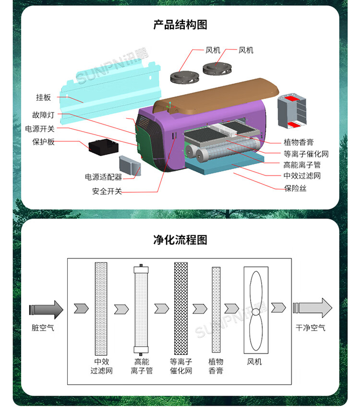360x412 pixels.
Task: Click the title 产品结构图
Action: point(180,24)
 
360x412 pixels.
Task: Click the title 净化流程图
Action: point(180,240)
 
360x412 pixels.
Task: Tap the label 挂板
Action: point(43,97)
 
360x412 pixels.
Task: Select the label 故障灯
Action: point(44,115)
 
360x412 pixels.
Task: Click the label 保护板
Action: point(43,142)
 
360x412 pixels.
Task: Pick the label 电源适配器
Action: point(103,177)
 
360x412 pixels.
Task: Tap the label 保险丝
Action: point(295,188)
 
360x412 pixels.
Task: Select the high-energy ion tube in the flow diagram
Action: point(141,307)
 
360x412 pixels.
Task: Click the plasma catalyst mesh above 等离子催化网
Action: point(181,307)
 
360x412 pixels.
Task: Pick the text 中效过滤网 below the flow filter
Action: point(101,366)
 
